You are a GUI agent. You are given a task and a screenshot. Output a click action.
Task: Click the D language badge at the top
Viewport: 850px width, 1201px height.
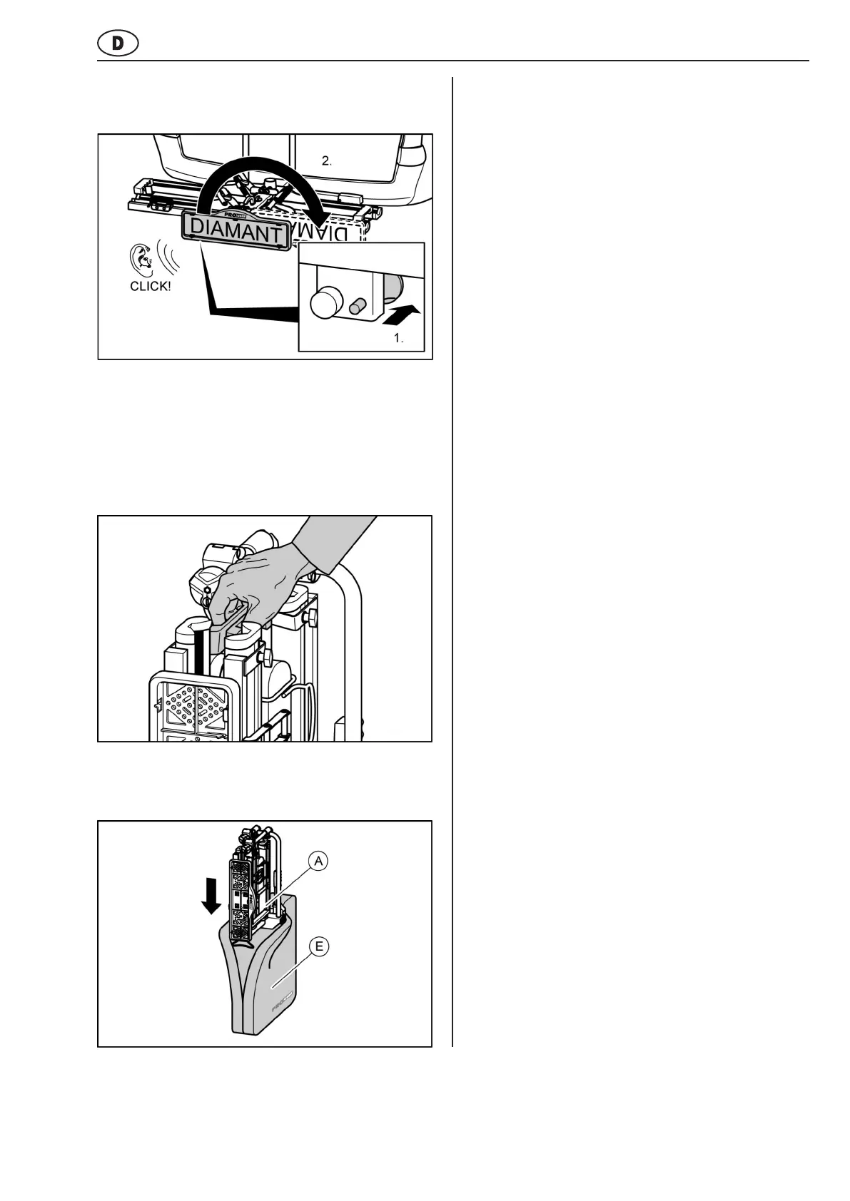(x=117, y=44)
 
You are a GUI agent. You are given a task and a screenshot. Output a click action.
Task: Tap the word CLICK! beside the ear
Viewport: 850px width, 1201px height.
(x=150, y=287)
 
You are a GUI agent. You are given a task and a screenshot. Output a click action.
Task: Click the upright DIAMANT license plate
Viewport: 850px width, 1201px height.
(x=236, y=232)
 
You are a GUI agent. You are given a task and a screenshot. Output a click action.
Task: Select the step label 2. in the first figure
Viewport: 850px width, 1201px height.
(x=327, y=161)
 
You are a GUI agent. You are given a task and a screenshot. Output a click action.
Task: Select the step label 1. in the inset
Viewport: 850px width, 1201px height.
(x=399, y=339)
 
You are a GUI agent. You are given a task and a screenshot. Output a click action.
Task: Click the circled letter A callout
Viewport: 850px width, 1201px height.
(x=319, y=862)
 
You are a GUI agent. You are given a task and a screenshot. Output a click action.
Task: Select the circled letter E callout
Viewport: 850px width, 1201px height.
(x=319, y=947)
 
